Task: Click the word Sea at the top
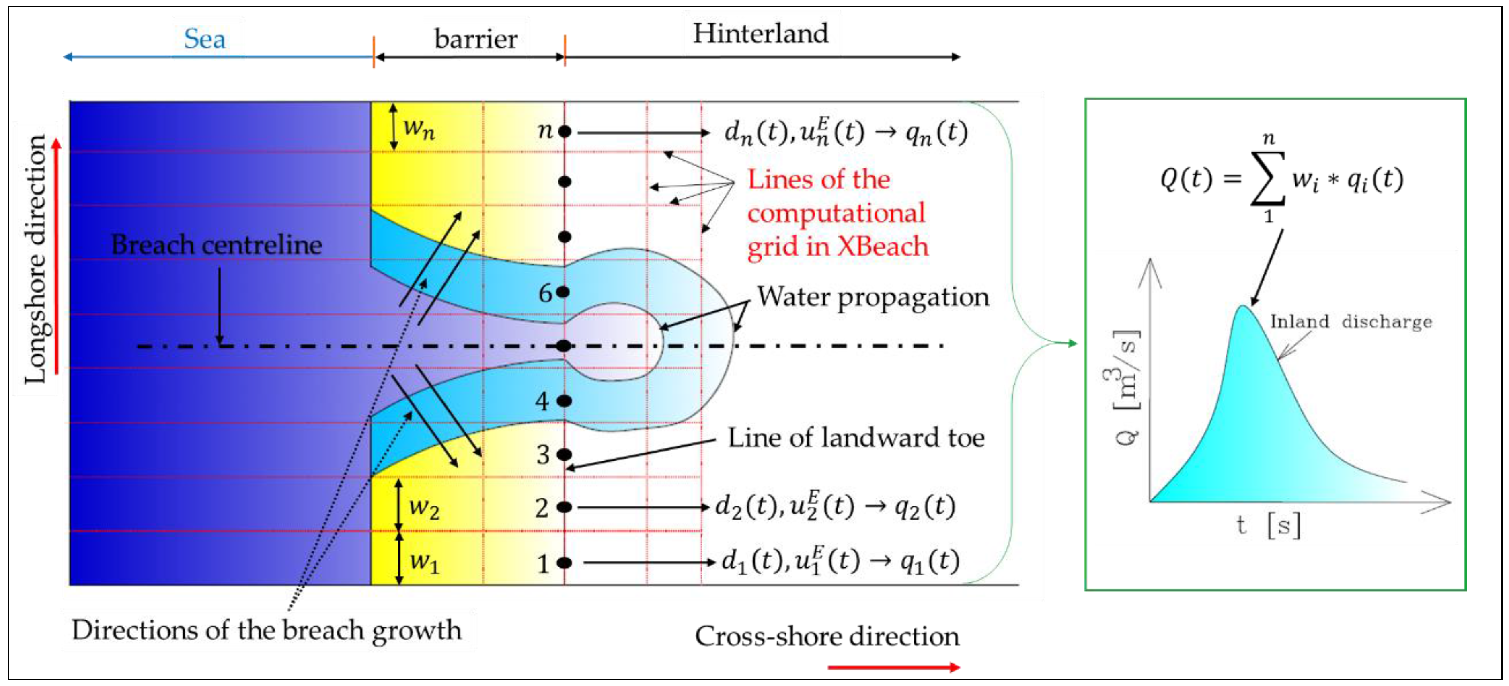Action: click(x=204, y=39)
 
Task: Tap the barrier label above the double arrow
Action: click(x=476, y=39)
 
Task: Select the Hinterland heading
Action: click(x=760, y=33)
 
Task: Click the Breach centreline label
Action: click(x=216, y=245)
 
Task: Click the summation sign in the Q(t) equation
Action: click(x=1268, y=178)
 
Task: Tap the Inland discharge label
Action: click(x=1350, y=321)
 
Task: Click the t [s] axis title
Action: click(x=1268, y=524)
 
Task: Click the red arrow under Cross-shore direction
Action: click(x=893, y=667)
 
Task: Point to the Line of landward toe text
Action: click(x=855, y=438)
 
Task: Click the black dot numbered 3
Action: click(x=564, y=454)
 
